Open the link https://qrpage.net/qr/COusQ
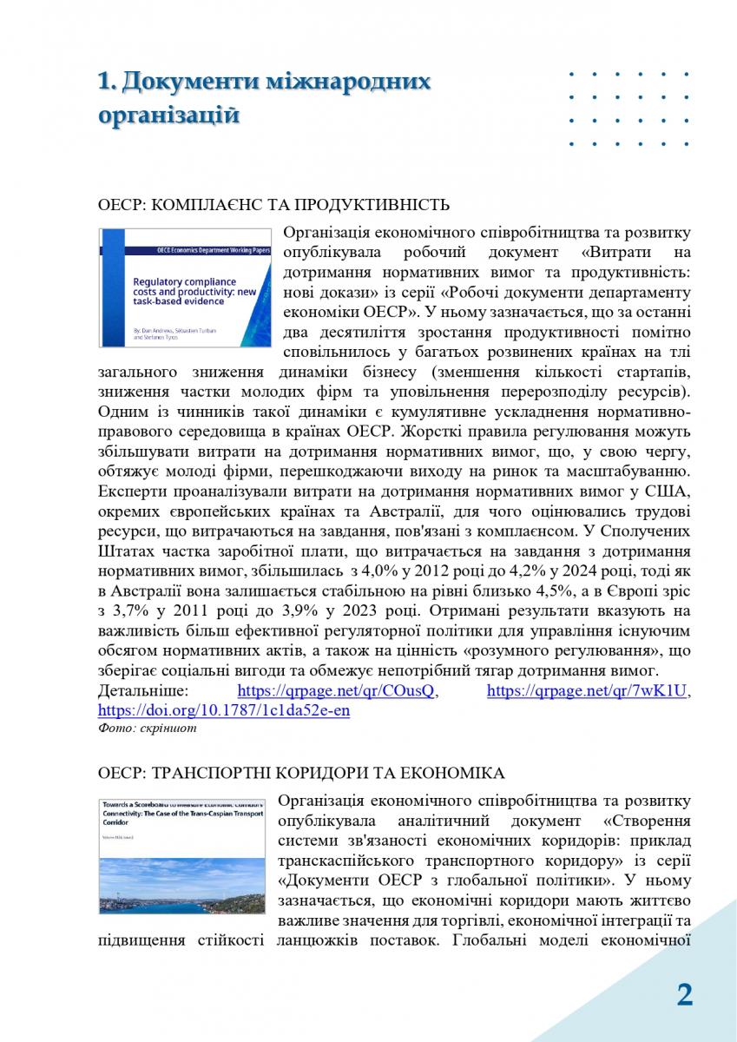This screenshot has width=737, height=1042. [x=337, y=691]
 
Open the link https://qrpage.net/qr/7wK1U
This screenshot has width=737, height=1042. [x=587, y=691]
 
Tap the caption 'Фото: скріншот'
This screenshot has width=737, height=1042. [x=147, y=729]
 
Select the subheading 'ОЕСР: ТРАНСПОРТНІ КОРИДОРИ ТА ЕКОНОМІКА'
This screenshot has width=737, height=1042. [x=300, y=772]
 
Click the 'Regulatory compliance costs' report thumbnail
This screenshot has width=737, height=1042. [x=186, y=287]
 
